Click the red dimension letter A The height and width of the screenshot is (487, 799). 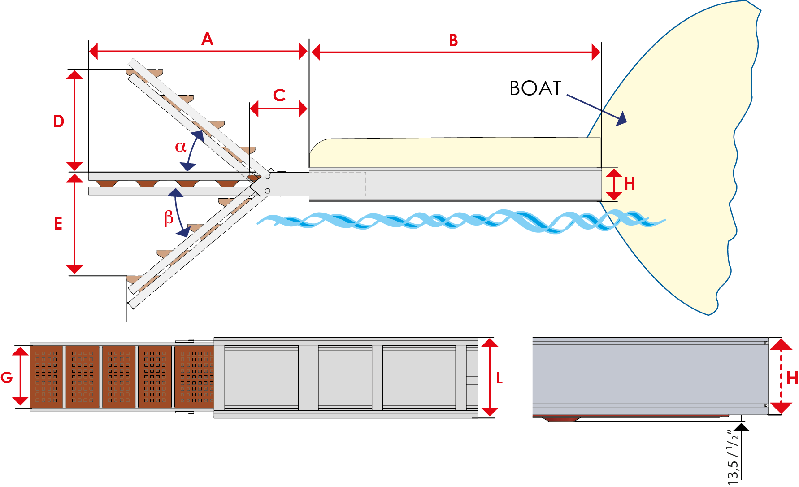[x=207, y=39]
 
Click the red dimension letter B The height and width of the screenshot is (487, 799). [x=453, y=40]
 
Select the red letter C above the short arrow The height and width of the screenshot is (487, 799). [x=279, y=95]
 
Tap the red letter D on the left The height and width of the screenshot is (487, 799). [x=59, y=122]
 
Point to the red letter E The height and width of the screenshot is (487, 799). [x=58, y=223]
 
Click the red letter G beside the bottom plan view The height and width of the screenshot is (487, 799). [x=7, y=378]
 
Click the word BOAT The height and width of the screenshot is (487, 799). [x=535, y=88]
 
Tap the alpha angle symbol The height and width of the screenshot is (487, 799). [x=180, y=147]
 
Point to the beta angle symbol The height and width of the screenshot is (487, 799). [x=169, y=217]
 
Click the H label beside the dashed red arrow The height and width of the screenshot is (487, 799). [x=792, y=378]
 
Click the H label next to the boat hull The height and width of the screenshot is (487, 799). [x=630, y=184]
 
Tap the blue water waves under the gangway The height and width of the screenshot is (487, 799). [x=448, y=221]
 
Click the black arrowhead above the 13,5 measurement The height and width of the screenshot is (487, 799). [x=742, y=426]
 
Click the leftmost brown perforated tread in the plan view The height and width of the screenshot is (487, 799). [x=47, y=377]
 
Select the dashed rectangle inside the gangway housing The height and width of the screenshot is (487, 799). [x=338, y=184]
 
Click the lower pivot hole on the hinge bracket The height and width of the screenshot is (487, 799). [x=267, y=191]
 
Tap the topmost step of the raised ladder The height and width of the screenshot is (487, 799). [x=144, y=73]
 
